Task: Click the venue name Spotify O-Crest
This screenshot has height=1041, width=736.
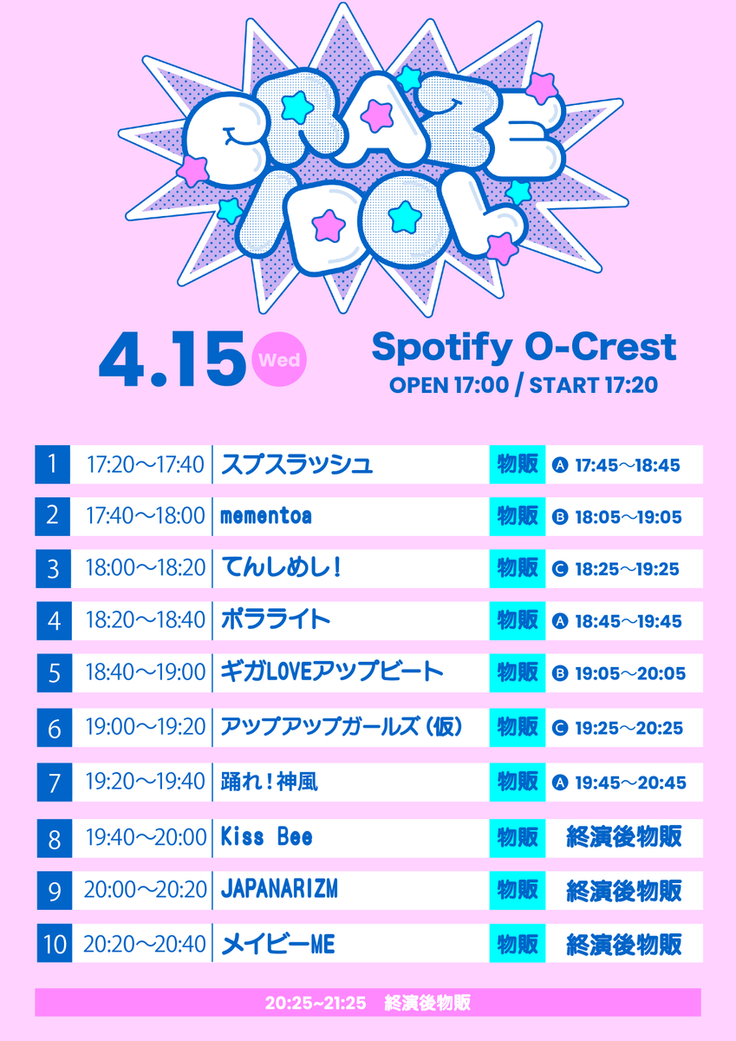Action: coord(523,347)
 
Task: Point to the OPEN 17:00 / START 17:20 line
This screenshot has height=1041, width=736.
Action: coord(523,385)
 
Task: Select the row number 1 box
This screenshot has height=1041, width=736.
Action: coord(53,465)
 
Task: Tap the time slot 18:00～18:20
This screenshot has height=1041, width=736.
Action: coord(145,568)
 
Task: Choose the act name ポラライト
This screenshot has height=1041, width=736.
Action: coord(276,619)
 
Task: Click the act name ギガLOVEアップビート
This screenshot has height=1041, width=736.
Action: coord(332,671)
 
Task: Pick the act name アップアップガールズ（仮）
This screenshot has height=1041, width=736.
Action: coord(342,727)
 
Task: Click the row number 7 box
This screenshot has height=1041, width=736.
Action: coord(53,782)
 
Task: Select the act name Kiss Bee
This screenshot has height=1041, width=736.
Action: coord(266,837)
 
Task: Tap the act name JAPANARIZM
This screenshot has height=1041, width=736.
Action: coord(279,890)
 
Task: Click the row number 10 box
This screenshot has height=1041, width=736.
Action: coord(53,943)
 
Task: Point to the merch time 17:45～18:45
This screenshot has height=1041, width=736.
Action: coord(628,465)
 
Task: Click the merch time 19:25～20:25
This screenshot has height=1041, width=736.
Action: coord(628,727)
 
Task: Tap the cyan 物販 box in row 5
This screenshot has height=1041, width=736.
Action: coord(518,671)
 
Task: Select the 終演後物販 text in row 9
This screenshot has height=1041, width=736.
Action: coord(623,890)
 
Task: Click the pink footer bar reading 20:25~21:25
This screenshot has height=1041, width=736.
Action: coord(368,1002)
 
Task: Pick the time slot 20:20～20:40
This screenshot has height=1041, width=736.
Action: coord(145,943)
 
